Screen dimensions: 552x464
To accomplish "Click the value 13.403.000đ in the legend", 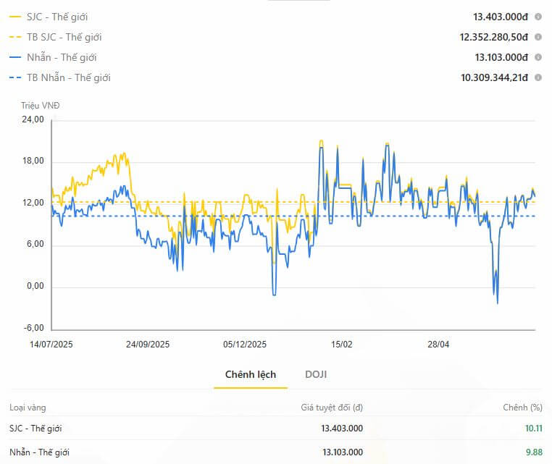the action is (501, 17).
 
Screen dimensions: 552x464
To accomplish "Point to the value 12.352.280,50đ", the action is (493, 38).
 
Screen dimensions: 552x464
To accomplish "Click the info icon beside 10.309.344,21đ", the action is (538, 77).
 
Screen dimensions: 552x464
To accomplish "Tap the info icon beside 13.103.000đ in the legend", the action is (538, 57).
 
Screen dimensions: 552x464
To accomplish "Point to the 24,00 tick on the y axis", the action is (33, 119).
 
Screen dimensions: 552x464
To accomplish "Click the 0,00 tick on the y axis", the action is (35, 286).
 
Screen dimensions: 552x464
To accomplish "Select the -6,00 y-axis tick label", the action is (34, 328).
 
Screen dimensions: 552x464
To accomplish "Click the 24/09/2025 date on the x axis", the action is (148, 345).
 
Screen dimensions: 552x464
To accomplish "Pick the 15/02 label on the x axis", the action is (341, 345).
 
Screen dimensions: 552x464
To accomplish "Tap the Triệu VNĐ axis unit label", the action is (40, 106).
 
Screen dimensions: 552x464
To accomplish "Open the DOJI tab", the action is (316, 374).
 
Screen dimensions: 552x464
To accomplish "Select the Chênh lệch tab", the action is (251, 375).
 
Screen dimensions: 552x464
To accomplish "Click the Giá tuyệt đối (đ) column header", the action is (332, 408).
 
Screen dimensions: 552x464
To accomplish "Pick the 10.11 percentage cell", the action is (534, 429).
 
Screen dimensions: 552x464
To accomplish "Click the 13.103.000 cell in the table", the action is (343, 452).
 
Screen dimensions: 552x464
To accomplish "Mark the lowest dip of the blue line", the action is (498, 303).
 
